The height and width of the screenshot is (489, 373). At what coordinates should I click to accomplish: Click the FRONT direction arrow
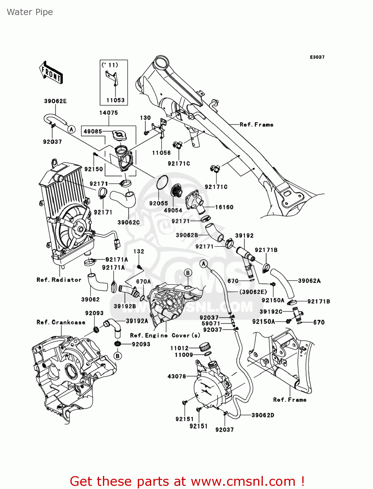tap(51, 73)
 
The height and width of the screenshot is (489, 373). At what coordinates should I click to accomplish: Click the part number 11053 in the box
tap(115, 100)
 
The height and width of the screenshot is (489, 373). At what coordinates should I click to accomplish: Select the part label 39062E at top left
tap(55, 101)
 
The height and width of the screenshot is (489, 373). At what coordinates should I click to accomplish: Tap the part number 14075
tap(108, 113)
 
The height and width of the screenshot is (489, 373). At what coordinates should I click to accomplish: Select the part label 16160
tap(224, 207)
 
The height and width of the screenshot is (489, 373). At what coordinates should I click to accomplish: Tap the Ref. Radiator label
tap(59, 280)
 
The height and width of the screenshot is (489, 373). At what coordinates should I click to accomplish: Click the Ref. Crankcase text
tap(61, 322)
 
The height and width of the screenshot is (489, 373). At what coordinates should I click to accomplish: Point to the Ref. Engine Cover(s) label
tap(165, 335)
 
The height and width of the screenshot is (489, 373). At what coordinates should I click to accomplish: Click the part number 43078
tap(177, 376)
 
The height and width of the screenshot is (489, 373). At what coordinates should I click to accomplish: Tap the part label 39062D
tap(263, 415)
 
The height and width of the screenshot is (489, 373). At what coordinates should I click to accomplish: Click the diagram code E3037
tap(317, 57)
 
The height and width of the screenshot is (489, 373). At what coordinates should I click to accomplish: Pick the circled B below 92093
tap(118, 356)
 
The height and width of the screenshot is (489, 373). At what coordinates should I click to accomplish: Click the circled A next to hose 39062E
tap(71, 129)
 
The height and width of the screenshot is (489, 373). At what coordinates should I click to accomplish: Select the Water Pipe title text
tap(30, 12)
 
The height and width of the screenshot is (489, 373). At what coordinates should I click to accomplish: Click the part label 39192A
tap(137, 321)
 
